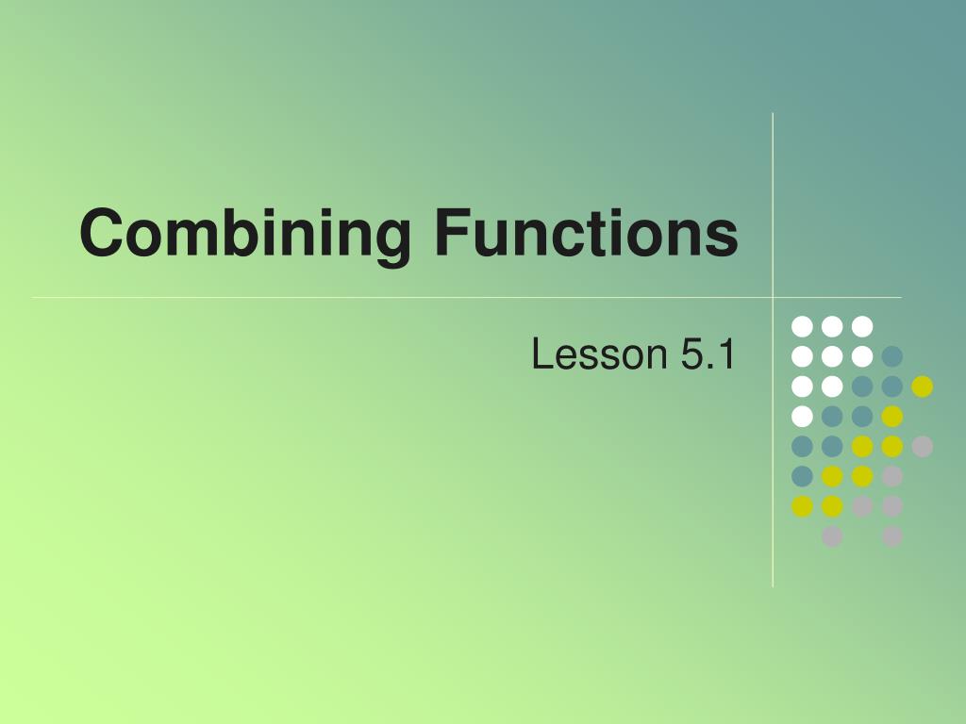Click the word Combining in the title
click(x=245, y=233)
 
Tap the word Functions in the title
click(x=587, y=233)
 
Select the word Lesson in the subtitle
click(x=599, y=355)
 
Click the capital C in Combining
click(x=102, y=233)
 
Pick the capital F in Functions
click(x=450, y=233)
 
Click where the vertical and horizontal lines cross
click(x=773, y=298)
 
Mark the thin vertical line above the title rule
click(x=773, y=189)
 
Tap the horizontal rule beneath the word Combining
click(x=245, y=298)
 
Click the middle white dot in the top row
click(x=832, y=326)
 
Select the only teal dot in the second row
click(x=891, y=356)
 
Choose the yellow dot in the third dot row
click(x=922, y=387)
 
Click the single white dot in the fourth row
click(x=802, y=417)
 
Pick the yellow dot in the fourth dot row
click(x=891, y=417)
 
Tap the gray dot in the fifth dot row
click(x=922, y=447)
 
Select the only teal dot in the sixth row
click(x=802, y=476)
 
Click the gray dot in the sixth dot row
click(x=891, y=476)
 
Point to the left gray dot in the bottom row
click(x=832, y=536)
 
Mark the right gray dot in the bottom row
click(x=891, y=536)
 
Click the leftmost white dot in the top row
click(x=802, y=326)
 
